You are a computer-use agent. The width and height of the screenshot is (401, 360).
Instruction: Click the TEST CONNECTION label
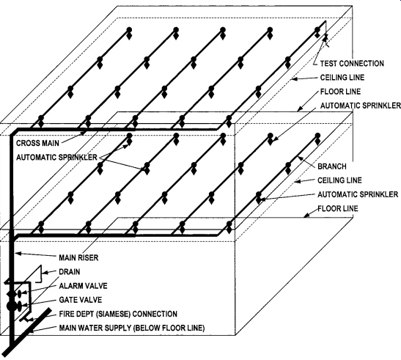(352, 63)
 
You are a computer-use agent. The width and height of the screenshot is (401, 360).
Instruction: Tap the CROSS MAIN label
(37, 143)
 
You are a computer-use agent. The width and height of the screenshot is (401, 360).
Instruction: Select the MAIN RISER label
(78, 257)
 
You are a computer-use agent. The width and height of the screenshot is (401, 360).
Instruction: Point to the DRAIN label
(70, 271)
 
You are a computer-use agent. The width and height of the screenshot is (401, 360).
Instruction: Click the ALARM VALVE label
(83, 285)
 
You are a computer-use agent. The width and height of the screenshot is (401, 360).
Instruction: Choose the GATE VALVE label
(81, 300)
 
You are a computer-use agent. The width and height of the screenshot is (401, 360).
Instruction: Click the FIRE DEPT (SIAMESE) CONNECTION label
(118, 314)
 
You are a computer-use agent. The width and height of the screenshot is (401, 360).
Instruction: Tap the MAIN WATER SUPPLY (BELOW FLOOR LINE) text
(132, 328)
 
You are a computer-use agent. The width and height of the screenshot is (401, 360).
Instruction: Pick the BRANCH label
(332, 166)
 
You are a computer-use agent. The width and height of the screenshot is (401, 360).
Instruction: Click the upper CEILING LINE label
(342, 77)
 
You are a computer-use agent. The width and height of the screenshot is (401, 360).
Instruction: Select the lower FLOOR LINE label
(337, 208)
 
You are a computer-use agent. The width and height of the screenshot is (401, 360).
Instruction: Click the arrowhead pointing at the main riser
(18, 254)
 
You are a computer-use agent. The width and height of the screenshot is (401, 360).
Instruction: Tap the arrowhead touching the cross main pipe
(84, 133)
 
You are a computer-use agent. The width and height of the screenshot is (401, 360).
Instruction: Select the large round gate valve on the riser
(11, 306)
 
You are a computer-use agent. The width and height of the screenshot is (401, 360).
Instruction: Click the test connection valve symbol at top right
(325, 38)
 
